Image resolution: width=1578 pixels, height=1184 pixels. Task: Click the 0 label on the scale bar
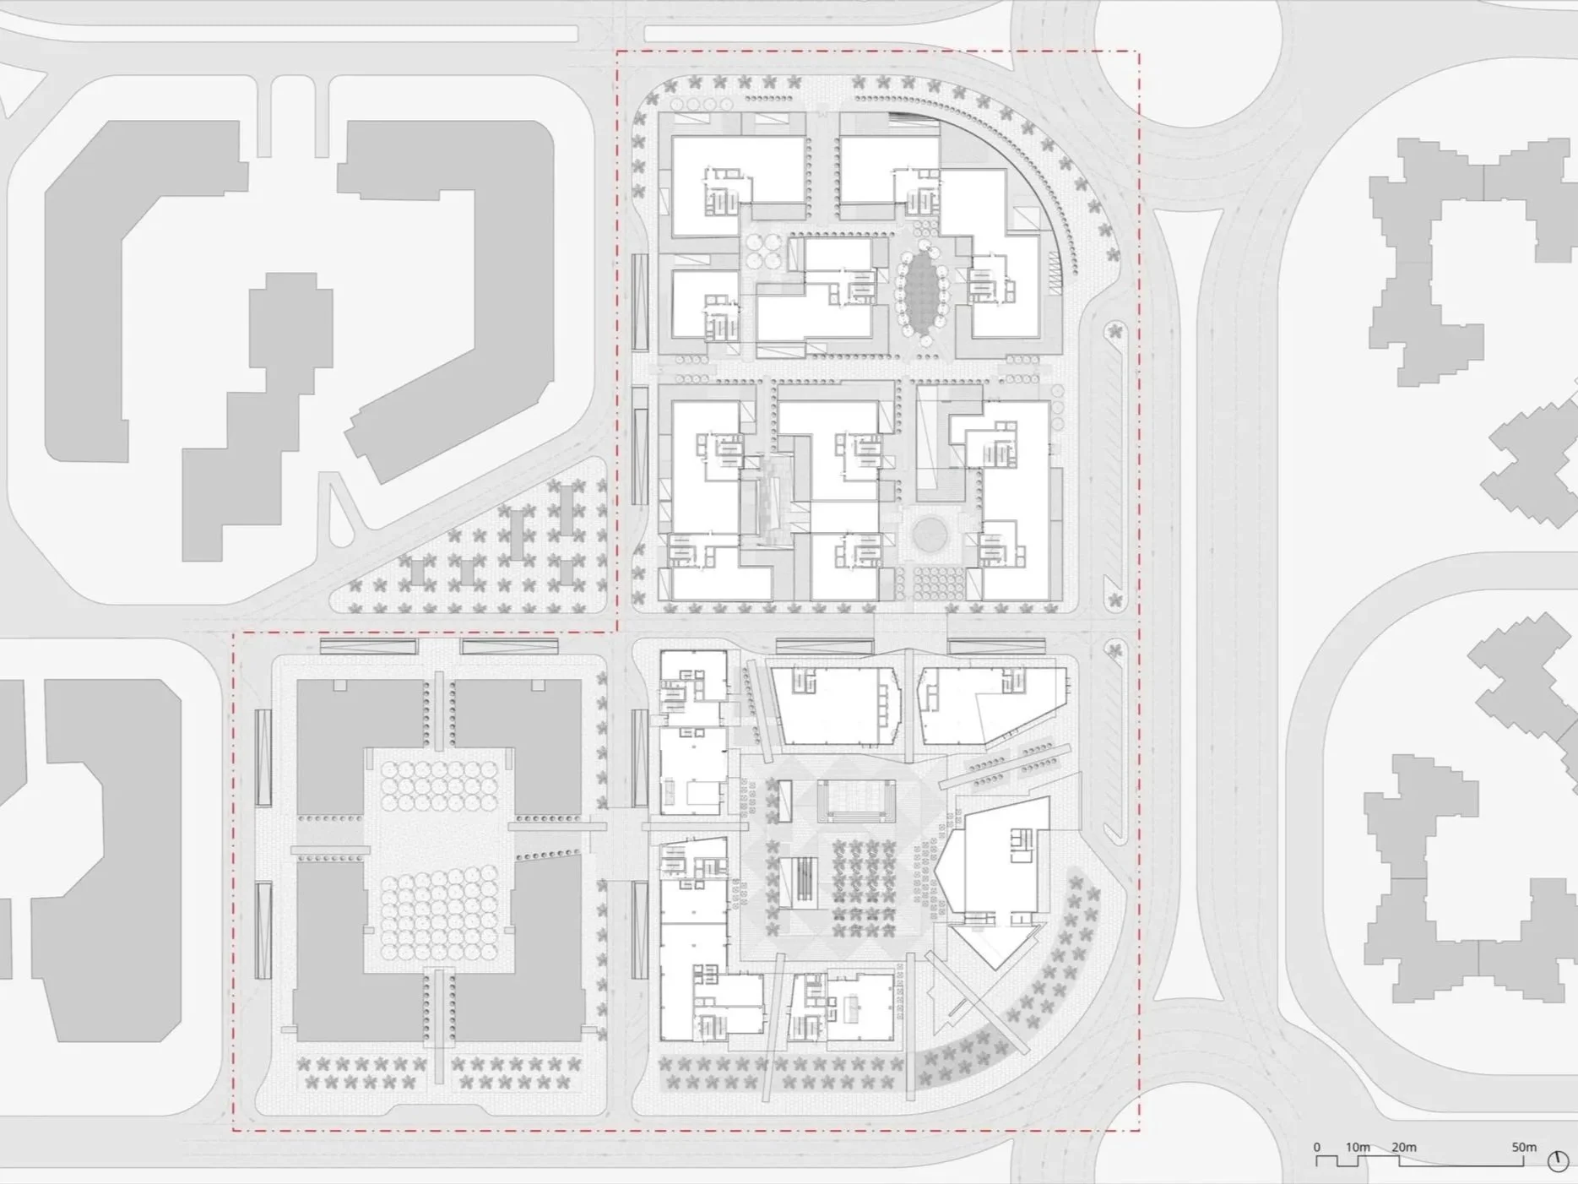pos(1316,1147)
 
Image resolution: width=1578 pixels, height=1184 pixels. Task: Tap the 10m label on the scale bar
pos(1358,1147)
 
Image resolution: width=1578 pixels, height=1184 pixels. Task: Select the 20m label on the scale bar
pos(1403,1147)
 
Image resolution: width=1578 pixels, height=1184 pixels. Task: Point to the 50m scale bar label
pos(1524,1147)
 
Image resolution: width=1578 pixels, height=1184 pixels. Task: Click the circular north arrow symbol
pos(1558,1162)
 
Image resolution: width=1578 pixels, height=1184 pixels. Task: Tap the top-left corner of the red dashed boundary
pos(617,52)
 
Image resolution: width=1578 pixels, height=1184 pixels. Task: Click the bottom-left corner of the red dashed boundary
pos(234,1130)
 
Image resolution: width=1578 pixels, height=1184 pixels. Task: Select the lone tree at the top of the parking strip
pos(1115,331)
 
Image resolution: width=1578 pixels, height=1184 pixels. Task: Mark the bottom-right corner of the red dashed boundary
pos(1139,1130)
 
